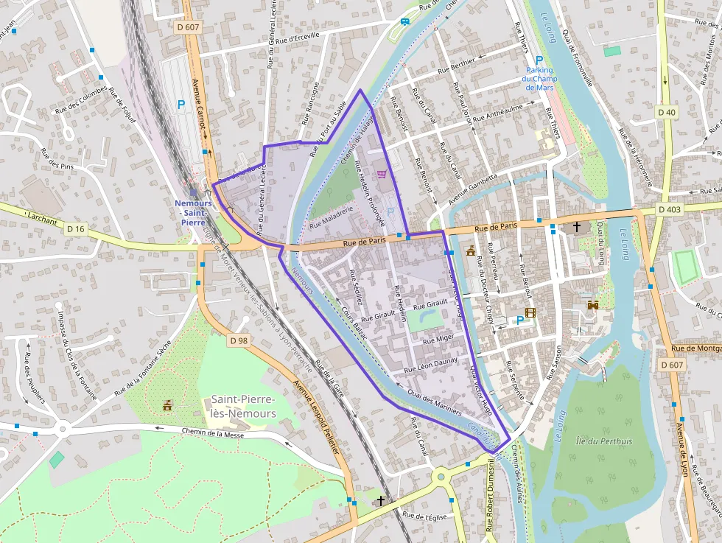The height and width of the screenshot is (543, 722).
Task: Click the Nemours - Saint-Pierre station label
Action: pos(193,208)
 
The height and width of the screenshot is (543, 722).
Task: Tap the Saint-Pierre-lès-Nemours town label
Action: pos(243,406)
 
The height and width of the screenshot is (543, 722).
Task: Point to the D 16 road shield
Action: pos(76,229)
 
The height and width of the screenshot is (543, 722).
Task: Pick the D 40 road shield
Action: pos(666,112)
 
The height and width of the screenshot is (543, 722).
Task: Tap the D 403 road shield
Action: pos(670,209)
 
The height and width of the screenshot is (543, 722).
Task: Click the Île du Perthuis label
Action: pos(603,441)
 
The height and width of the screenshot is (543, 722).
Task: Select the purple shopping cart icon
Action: pos(382,175)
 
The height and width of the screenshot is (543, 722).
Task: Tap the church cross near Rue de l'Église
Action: pos(380,501)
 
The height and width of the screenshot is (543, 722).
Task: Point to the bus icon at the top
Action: pos(405,21)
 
